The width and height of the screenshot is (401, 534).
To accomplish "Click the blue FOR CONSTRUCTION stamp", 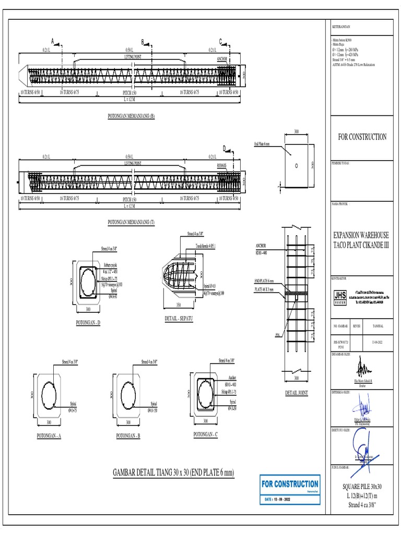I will coord(290,489).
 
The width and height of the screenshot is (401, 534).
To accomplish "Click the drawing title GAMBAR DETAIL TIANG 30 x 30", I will coord(173,472).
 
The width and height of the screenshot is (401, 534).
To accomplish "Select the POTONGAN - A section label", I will coord(49,435).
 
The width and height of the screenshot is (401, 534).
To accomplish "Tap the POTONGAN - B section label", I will coord(128,435).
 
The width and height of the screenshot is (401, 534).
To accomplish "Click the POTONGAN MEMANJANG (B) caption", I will coord(131,116).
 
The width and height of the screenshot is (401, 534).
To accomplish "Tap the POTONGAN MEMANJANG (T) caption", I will coord(131,222).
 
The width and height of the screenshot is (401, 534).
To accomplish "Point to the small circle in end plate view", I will coord(296,166).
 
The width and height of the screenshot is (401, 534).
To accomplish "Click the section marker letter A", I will coord(53,41).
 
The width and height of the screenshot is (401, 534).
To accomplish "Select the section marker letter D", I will coord(225,149).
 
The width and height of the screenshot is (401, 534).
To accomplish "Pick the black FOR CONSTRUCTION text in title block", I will coord(361,137).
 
